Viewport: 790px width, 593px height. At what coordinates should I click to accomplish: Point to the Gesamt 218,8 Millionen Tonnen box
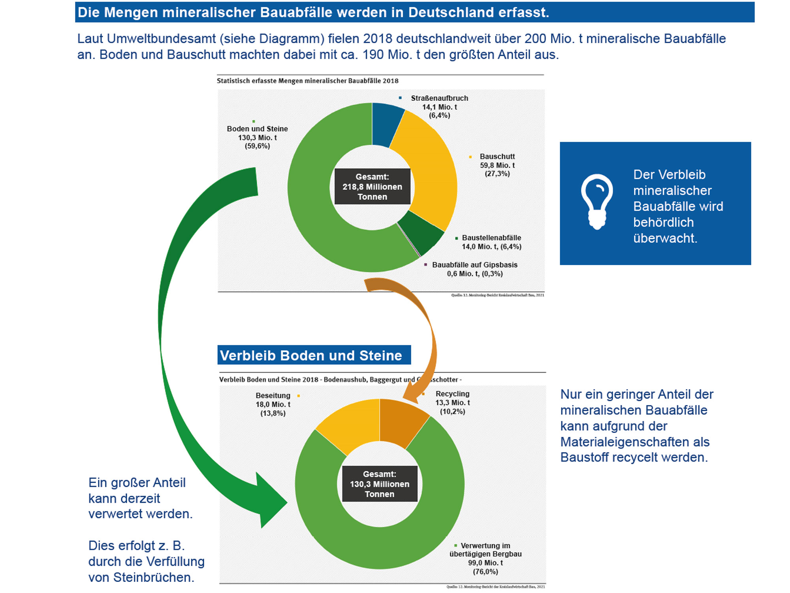[372, 187]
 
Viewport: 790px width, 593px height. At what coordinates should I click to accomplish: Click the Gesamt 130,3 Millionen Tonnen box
[380, 484]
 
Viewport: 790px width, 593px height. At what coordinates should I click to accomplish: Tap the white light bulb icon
[597, 202]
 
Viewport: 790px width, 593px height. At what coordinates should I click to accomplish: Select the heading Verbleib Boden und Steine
[311, 355]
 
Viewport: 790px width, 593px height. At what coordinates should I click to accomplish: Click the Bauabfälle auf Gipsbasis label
[474, 265]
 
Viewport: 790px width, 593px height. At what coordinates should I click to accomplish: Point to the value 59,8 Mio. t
[497, 165]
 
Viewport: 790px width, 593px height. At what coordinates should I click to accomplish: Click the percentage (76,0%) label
[485, 572]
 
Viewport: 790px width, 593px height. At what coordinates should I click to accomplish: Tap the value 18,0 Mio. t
[273, 404]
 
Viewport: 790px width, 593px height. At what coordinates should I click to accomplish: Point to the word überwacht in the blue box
[665, 238]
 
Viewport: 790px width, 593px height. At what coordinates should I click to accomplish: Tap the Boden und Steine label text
[257, 129]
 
